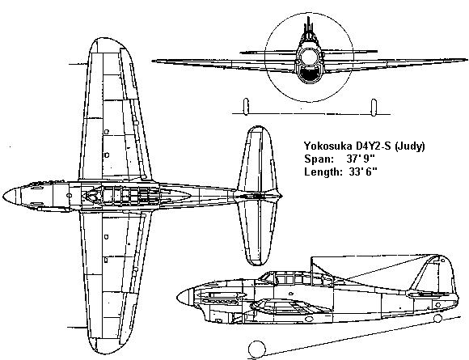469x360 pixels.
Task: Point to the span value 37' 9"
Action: [361, 159]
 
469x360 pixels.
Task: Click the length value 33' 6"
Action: [363, 172]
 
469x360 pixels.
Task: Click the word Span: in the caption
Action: [319, 159]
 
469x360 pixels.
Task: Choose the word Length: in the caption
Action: [323, 172]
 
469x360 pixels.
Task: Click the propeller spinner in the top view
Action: [12, 196]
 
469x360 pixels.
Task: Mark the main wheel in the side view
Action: [257, 349]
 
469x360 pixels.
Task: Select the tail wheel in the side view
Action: [437, 319]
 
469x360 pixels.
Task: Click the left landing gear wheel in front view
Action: [246, 107]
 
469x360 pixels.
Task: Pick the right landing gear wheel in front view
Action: [374, 108]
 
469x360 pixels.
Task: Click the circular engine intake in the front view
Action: [308, 57]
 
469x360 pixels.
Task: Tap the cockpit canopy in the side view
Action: [296, 278]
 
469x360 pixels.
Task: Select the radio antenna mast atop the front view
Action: [309, 27]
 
